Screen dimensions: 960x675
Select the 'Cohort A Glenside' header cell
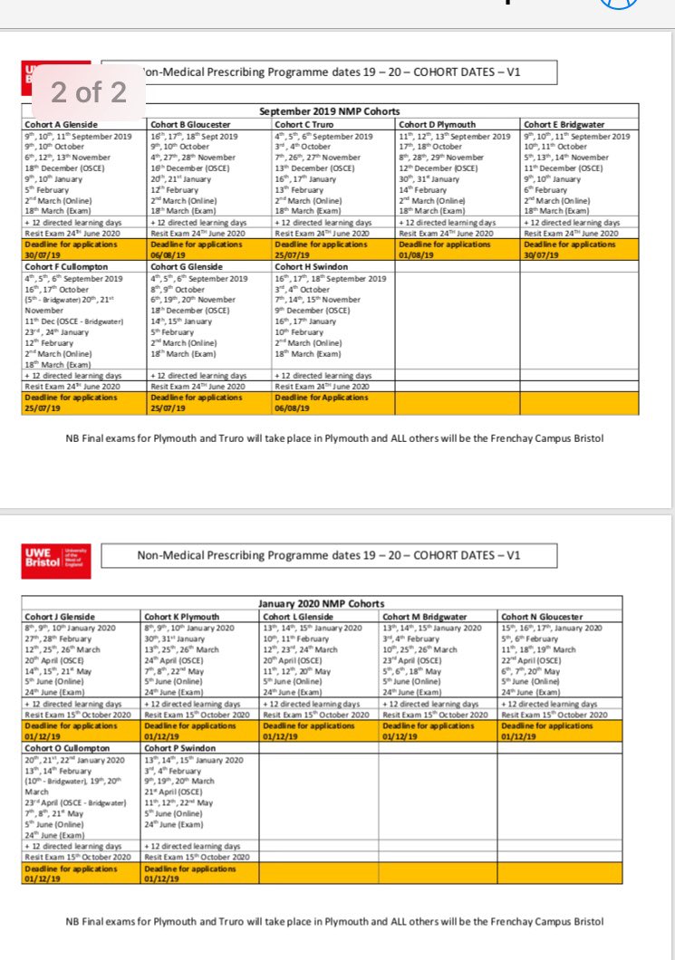point(61,124)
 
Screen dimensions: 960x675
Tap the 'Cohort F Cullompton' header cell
point(66,267)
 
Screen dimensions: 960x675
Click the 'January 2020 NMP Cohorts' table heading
point(322,604)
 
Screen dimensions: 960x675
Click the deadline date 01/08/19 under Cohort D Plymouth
point(417,255)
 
